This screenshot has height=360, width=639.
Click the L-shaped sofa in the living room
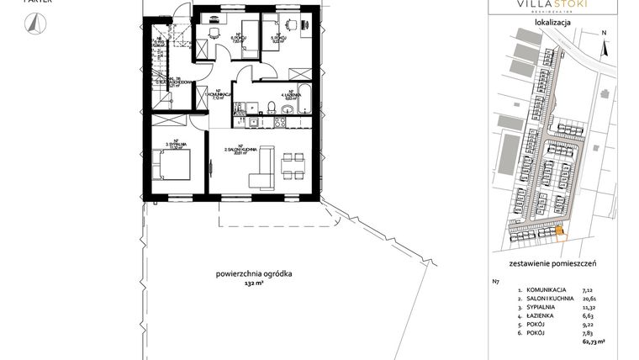click(x=262, y=167)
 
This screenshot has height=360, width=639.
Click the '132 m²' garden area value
click(x=254, y=284)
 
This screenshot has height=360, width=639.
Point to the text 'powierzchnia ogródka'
click(x=254, y=274)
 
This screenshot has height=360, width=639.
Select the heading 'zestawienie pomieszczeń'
click(x=552, y=263)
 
